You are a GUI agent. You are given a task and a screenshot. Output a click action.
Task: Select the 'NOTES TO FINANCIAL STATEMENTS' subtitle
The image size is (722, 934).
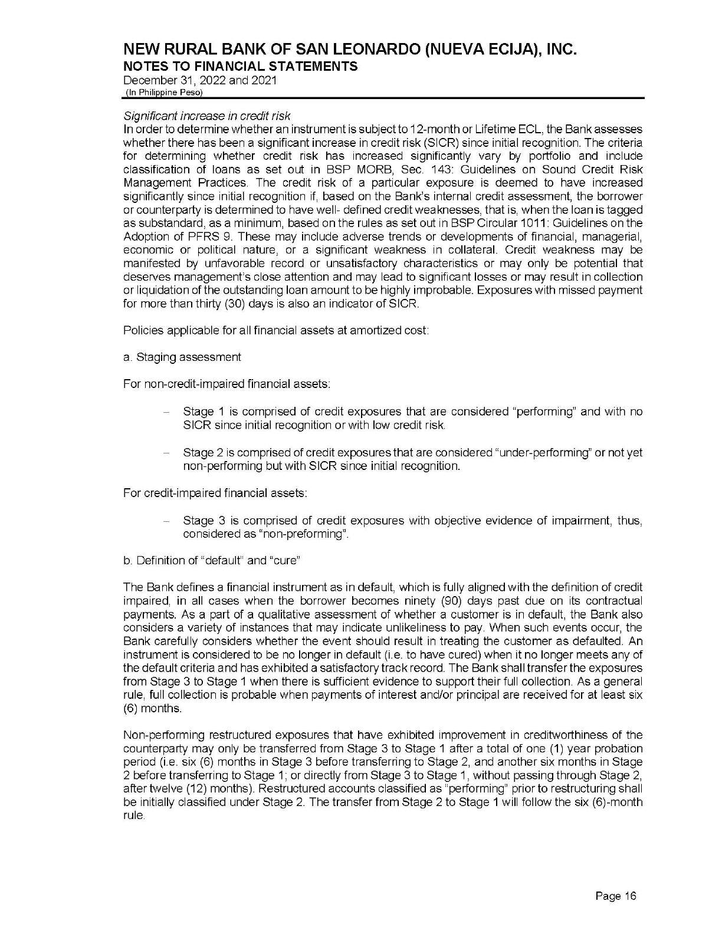point(240,66)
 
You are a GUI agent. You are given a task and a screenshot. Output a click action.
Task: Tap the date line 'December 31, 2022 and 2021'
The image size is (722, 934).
point(199,80)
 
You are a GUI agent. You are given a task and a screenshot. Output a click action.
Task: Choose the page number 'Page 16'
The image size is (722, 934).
point(616,897)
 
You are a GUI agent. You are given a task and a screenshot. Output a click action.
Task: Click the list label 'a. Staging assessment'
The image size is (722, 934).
point(182,357)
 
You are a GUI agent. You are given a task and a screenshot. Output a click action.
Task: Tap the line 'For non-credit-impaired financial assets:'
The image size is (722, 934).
point(227,384)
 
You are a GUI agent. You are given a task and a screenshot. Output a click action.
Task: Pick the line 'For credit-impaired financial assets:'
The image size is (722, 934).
point(215,492)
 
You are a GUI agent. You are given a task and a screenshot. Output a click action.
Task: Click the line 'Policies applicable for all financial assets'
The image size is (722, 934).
point(275,330)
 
